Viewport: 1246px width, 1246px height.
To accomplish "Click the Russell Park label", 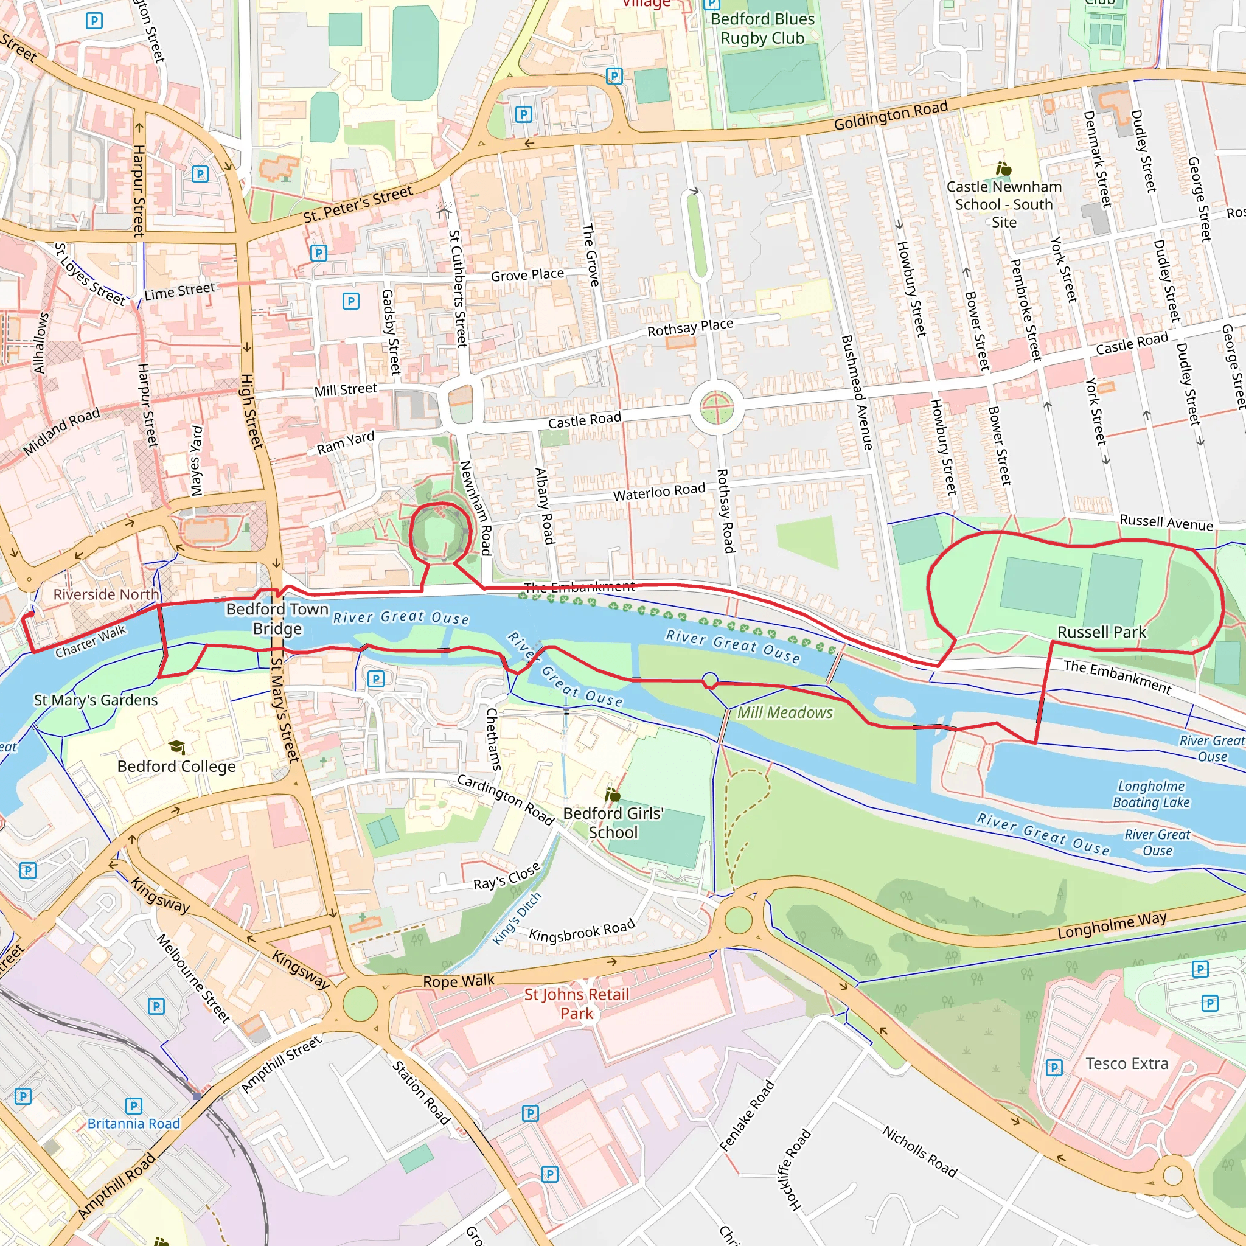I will [1102, 632].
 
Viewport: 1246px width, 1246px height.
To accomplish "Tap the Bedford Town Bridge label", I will [277, 619].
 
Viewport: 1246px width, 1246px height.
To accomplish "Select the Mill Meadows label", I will [785, 712].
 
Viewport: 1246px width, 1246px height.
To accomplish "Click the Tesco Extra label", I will [1127, 1063].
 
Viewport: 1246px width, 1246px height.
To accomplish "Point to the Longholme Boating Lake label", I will [1151, 794].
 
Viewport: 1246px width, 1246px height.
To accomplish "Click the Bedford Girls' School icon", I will [613, 795].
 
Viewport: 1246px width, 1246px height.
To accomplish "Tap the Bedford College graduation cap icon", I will [176, 747].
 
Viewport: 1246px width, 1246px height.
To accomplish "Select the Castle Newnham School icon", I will [1003, 170].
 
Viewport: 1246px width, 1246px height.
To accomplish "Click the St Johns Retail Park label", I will [576, 1003].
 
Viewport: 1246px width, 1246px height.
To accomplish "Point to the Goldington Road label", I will [891, 116].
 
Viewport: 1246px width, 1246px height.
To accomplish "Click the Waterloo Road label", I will [659, 492].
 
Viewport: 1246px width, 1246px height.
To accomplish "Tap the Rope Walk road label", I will [459, 981].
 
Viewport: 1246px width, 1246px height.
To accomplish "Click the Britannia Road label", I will [133, 1124].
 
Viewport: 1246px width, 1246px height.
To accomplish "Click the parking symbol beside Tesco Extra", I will [1053, 1068].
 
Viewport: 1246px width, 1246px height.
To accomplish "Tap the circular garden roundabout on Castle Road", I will [717, 408].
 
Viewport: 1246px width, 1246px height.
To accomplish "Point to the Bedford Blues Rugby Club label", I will [762, 29].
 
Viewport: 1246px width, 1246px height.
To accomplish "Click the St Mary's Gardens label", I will [96, 700].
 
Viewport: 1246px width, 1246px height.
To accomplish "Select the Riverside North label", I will [106, 594].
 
